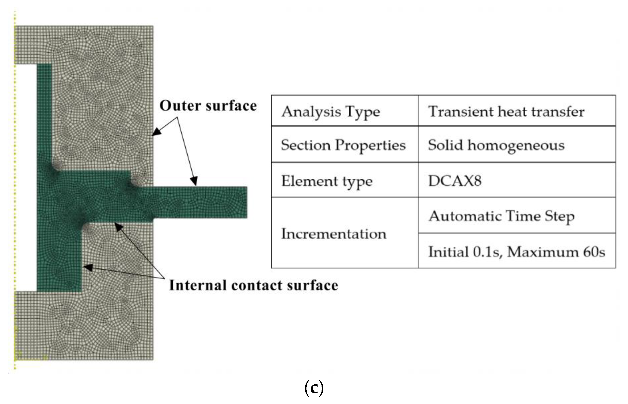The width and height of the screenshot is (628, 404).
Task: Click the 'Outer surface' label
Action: pyautogui.click(x=208, y=106)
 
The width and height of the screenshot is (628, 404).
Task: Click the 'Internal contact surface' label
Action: pyautogui.click(x=253, y=285)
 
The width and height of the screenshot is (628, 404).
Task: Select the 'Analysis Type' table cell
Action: pyautogui.click(x=331, y=112)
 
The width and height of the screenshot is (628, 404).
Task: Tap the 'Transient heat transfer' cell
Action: pyautogui.click(x=506, y=112)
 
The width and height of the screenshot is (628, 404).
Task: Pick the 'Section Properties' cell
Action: pyautogui.click(x=343, y=145)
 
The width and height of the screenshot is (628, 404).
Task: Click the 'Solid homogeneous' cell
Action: pyautogui.click(x=496, y=145)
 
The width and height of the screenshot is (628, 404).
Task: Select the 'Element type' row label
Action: pyautogui.click(x=327, y=181)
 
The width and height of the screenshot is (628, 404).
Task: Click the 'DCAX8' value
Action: pyautogui.click(x=455, y=181)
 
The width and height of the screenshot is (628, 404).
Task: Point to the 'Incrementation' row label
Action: pyautogui.click(x=334, y=234)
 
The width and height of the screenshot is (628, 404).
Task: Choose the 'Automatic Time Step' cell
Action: pyautogui.click(x=502, y=216)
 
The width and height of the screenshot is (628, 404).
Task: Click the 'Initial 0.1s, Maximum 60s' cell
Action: pyautogui.click(x=516, y=252)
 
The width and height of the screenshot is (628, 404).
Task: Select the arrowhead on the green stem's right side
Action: pyautogui.click(x=88, y=267)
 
